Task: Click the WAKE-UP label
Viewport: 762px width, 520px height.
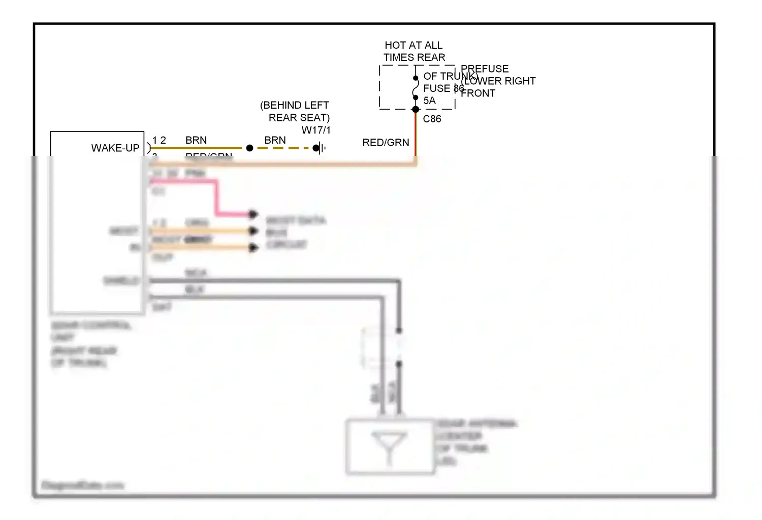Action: point(115,148)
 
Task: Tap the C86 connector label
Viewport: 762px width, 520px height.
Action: point(432,119)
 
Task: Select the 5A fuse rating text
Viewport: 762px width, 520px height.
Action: point(429,101)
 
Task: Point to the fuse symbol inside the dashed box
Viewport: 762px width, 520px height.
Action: point(416,88)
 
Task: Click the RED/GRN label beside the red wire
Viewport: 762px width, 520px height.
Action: point(386,143)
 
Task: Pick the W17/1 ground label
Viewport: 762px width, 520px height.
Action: point(316,130)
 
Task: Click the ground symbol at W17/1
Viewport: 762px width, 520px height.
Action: point(320,148)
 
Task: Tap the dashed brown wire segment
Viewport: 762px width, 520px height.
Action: point(282,148)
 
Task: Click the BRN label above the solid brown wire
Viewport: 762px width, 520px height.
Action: point(196,140)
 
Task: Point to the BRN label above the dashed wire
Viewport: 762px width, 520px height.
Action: point(275,140)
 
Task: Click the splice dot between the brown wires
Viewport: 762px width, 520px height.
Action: point(249,148)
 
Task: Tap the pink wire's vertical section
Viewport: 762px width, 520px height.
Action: point(216,198)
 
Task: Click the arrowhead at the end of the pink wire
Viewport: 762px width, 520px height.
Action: point(253,214)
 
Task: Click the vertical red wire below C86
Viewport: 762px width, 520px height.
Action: point(416,135)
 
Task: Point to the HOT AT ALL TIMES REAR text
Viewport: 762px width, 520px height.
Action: point(414,51)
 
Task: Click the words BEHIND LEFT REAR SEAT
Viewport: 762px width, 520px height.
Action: point(295,111)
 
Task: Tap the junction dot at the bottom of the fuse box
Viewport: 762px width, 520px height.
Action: point(416,109)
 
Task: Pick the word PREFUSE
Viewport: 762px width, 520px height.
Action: point(485,69)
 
